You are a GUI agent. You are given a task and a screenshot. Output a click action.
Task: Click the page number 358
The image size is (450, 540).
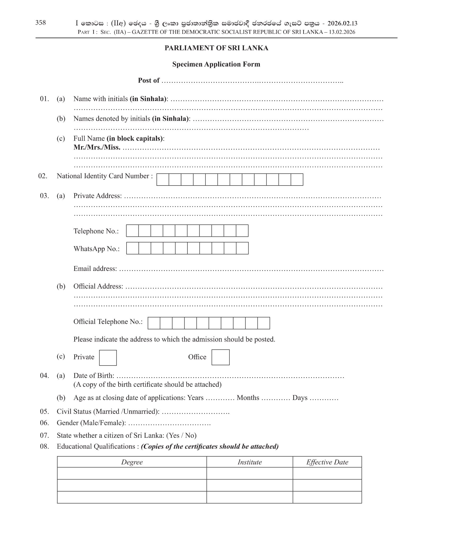pos(40,23)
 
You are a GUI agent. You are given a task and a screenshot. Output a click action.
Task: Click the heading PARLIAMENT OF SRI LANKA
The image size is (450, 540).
pos(216,48)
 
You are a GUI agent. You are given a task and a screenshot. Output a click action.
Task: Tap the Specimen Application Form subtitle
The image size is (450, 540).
pos(216,64)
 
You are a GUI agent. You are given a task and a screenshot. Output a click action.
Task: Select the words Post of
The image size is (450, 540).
pos(148,80)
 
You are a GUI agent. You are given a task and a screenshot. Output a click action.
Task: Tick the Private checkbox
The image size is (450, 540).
pos(108,358)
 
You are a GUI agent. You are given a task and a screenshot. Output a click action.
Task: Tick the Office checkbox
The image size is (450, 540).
pos(220,357)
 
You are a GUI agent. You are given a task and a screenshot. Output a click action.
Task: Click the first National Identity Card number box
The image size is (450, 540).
pos(163,179)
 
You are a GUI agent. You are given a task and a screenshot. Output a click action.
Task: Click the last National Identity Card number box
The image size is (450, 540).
pos(297,179)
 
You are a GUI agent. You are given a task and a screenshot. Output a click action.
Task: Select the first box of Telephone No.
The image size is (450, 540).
pos(132,231)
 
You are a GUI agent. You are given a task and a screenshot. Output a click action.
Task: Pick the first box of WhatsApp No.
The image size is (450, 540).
pos(132,248)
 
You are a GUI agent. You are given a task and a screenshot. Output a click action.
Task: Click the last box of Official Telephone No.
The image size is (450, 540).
pos(263,323)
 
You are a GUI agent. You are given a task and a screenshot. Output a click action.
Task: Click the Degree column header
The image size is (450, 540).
pos(132,462)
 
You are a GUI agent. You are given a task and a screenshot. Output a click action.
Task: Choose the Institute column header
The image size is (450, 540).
pos(250,462)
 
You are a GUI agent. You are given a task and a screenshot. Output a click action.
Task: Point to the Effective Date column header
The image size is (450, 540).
pos(327,462)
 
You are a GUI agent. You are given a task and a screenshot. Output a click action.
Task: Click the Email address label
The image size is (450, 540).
pos(95,269)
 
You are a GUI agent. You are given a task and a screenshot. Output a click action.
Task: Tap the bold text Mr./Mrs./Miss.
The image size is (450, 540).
pos(97,147)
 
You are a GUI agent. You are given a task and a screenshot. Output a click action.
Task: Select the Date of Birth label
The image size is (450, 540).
pos(94,376)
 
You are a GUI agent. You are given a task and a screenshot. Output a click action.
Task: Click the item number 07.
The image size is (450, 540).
pos(44,435)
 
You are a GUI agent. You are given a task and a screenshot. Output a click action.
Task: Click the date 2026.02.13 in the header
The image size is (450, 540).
pos(342,23)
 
